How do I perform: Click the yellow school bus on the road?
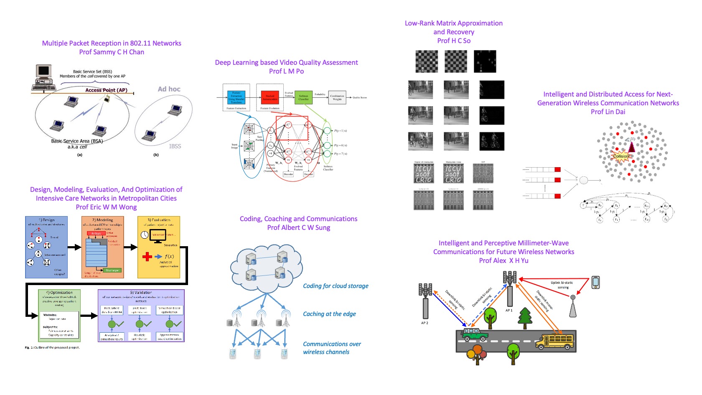pyautogui.click(x=554, y=341)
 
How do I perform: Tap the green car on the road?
pyautogui.click(x=474, y=334)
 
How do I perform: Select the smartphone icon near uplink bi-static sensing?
pyautogui.click(x=595, y=283)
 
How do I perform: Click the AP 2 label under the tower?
pyautogui.click(x=424, y=323)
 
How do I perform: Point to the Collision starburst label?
pyautogui.click(x=621, y=156)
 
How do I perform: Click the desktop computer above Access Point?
pyautogui.click(x=43, y=77)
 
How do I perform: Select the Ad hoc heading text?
pyautogui.click(x=169, y=89)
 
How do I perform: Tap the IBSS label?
pyautogui.click(x=175, y=146)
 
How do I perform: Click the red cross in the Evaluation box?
pyautogui.click(x=147, y=256)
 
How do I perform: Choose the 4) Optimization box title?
pyautogui.click(x=59, y=293)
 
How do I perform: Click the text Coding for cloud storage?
pyautogui.click(x=336, y=286)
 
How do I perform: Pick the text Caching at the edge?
pyautogui.click(x=329, y=314)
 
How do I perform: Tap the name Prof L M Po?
pyautogui.click(x=286, y=71)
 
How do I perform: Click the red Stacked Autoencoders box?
pyautogui.click(x=270, y=97)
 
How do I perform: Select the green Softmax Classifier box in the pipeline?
pyautogui.click(x=303, y=97)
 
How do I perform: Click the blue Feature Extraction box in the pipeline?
pyautogui.click(x=236, y=97)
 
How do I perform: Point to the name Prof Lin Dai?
pyautogui.click(x=608, y=112)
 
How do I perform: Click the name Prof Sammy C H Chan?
pyautogui.click(x=112, y=52)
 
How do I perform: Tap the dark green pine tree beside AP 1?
pyautogui.click(x=525, y=318)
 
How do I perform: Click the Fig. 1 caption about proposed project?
pyautogui.click(x=52, y=347)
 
